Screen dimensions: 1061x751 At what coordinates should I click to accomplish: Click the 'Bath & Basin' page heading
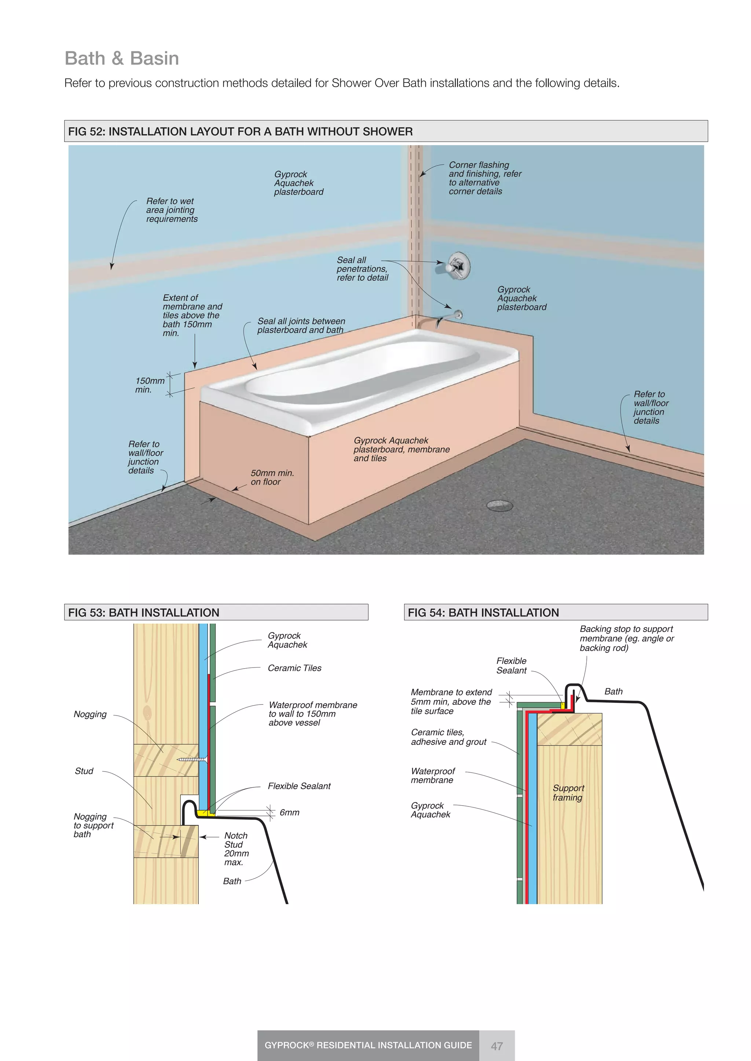122,59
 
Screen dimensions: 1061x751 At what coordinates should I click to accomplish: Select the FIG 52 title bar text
240,132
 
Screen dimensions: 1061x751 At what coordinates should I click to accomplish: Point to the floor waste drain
500,505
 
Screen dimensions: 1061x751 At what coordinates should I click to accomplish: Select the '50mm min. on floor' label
272,477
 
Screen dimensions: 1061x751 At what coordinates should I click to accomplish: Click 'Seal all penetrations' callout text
362,269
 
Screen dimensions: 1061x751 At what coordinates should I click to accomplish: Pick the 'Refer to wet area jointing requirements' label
171,210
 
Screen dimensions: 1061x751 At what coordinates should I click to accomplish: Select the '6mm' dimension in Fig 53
289,812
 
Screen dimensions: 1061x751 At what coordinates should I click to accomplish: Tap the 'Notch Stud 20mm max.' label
236,849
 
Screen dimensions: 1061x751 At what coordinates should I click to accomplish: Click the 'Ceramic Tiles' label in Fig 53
294,668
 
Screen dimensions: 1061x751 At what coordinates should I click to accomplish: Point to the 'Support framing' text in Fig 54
568,792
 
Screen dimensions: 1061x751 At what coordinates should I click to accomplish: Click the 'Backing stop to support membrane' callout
626,638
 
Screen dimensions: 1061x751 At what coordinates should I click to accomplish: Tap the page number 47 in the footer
497,1046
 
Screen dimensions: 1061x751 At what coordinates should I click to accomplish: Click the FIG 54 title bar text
483,613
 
